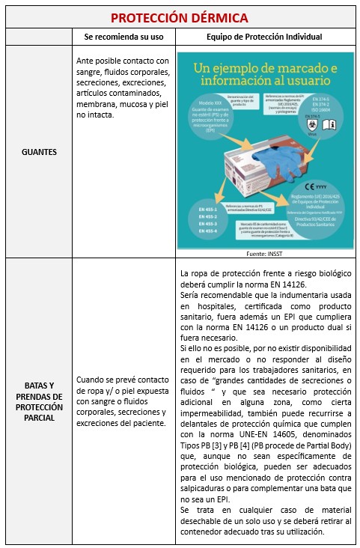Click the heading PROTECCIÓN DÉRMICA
point(180,17)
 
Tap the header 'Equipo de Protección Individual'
point(264,37)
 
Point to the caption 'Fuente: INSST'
point(264,254)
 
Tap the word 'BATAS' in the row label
point(29,386)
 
